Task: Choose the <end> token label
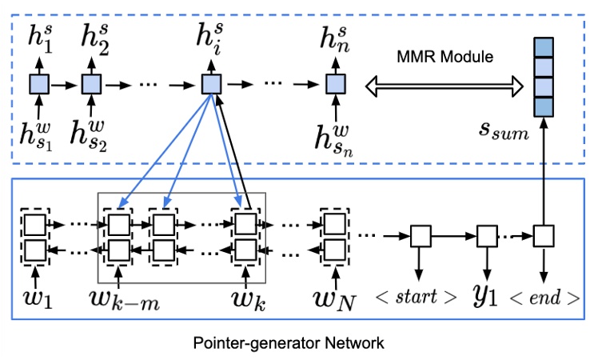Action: click(x=544, y=297)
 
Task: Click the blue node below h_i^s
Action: click(x=210, y=83)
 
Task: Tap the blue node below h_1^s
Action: click(x=39, y=83)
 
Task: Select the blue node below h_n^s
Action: click(x=333, y=83)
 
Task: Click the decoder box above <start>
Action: click(x=421, y=236)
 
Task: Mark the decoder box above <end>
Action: click(x=544, y=236)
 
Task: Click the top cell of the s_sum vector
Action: click(x=544, y=49)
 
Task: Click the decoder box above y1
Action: click(x=487, y=236)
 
